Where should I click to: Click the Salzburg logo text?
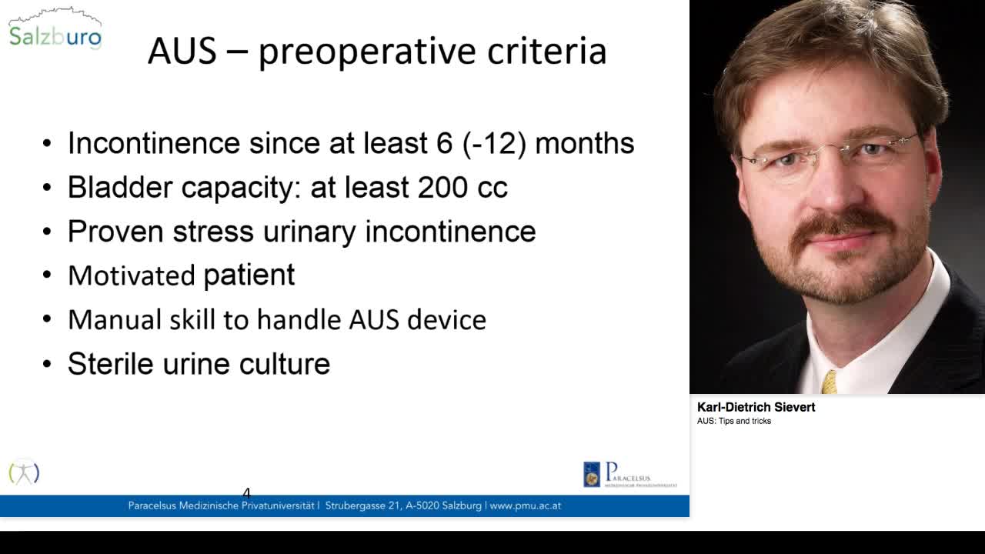(x=55, y=36)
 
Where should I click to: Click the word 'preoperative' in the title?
(x=367, y=52)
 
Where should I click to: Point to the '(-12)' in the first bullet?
(x=494, y=143)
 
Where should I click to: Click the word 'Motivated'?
(x=132, y=275)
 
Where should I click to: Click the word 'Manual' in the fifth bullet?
(x=115, y=319)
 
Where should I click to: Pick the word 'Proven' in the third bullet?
(x=116, y=232)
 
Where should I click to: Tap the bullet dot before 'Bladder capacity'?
(x=47, y=188)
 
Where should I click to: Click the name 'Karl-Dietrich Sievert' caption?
(x=756, y=407)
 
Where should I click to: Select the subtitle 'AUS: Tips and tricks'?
(x=734, y=421)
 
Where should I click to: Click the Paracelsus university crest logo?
(x=592, y=475)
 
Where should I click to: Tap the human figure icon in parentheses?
(x=24, y=472)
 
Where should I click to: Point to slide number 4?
(x=246, y=493)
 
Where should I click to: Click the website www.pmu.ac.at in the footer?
(x=525, y=506)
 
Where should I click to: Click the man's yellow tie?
(x=829, y=382)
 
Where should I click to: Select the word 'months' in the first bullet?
(x=584, y=143)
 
